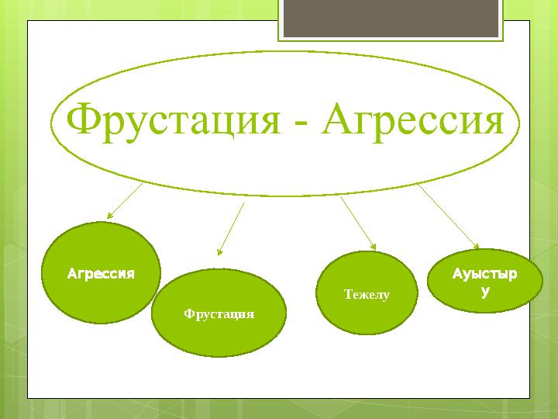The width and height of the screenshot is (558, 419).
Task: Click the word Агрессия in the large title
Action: pos(412,120)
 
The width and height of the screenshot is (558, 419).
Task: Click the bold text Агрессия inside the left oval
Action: pos(101,274)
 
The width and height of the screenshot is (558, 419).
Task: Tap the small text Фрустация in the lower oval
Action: pos(219,313)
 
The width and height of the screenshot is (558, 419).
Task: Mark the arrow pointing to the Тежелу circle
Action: pos(357,221)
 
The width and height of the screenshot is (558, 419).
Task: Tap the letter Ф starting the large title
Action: pos(82,120)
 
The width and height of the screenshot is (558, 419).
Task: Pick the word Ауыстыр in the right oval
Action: pos(486,275)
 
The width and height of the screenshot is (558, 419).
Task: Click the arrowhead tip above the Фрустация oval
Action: pos(219,254)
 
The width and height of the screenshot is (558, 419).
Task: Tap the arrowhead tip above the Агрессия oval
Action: pos(108,217)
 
